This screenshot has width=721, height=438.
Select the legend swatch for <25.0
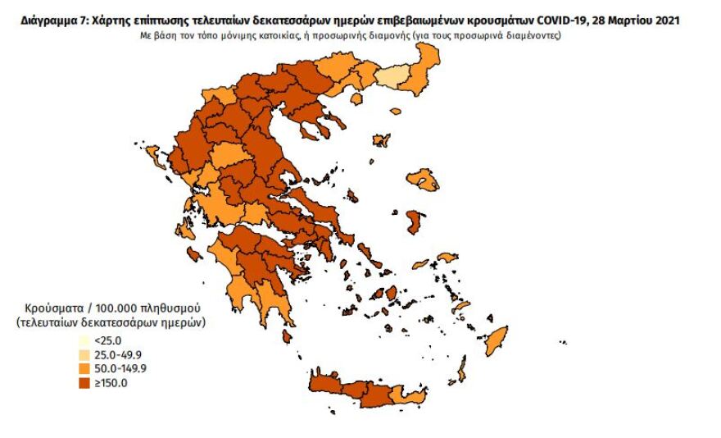pyautogui.click(x=84, y=340)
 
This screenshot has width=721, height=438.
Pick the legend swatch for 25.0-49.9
pyautogui.click(x=84, y=355)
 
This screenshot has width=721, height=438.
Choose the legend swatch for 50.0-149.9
pyautogui.click(x=84, y=369)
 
